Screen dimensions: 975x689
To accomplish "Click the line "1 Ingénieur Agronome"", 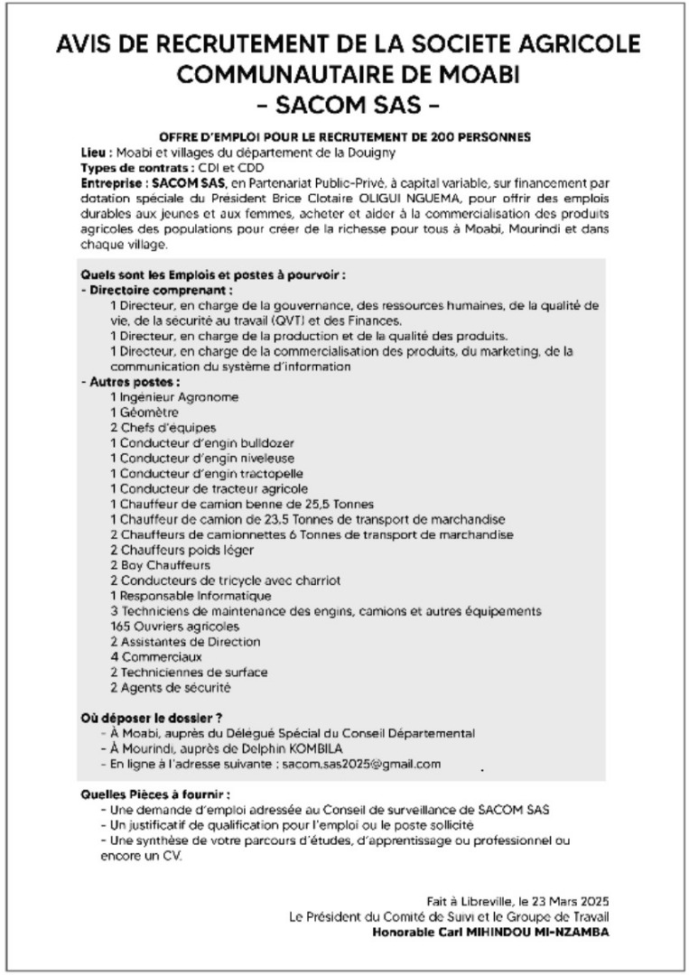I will [174, 396].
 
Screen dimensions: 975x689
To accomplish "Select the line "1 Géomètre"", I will [145, 412].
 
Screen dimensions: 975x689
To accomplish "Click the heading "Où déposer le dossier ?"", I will [144, 718].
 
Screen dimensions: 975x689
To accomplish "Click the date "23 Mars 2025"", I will [563, 901].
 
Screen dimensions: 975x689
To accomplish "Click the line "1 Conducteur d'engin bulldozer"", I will [201, 442].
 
